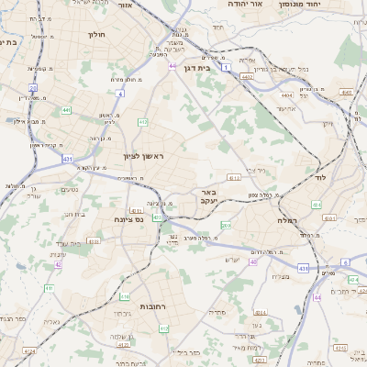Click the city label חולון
coord(95,34)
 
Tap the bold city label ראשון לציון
coord(143,156)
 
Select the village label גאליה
coord(28,321)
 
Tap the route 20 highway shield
coord(33,88)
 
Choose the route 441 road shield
coord(67,111)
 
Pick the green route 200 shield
coord(226,225)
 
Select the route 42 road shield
coord(58,264)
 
